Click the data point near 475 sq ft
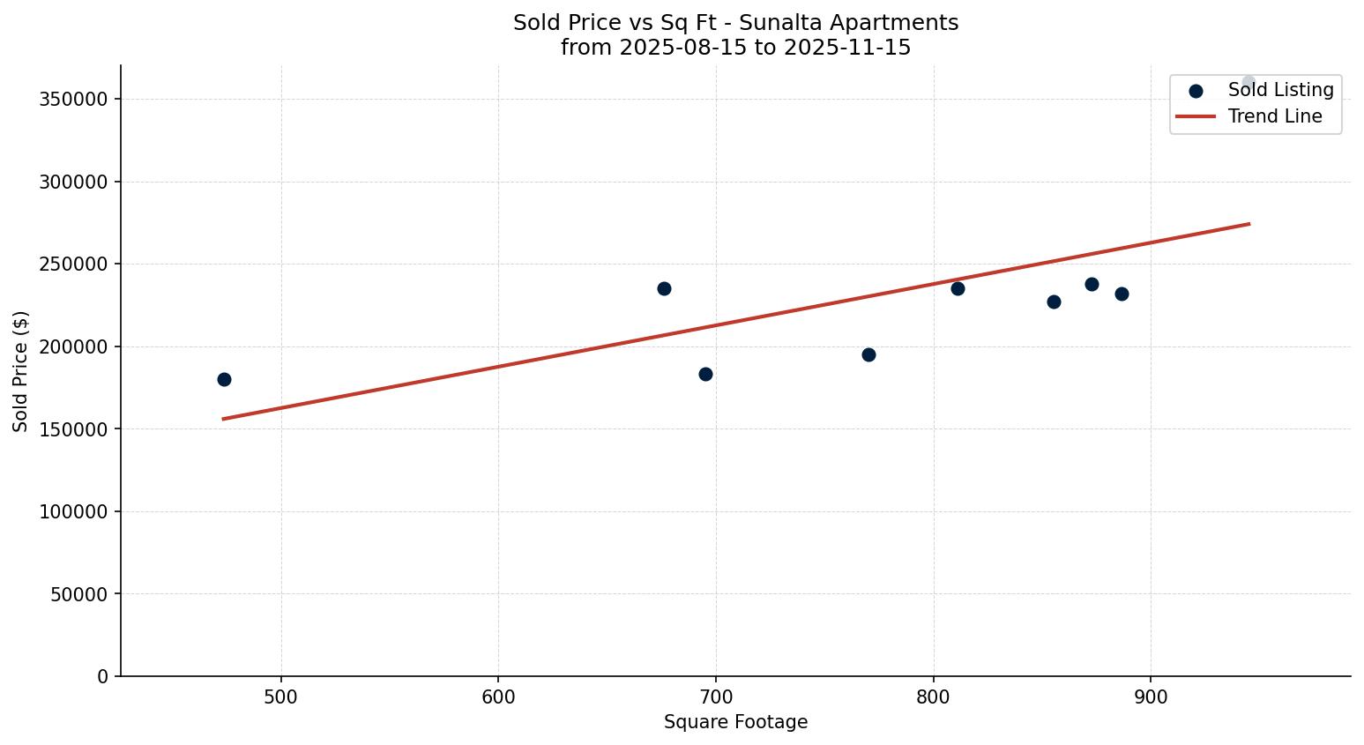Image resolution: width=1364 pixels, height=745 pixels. tap(224, 379)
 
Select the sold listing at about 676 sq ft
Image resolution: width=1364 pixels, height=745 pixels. tap(664, 288)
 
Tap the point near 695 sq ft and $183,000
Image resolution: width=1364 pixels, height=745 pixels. tap(705, 374)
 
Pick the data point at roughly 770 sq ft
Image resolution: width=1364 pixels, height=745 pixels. tap(868, 354)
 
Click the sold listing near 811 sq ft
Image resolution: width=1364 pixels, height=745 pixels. tap(958, 288)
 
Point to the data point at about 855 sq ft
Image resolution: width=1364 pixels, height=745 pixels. tap(1054, 302)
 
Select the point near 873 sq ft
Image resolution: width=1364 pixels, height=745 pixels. tap(1092, 284)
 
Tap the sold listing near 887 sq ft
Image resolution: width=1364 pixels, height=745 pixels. tap(1122, 294)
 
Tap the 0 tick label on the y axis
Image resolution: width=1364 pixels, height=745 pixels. tap(103, 676)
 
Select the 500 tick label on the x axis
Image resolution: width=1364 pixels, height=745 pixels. tap(281, 697)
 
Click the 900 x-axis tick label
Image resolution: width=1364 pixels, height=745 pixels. tap(1151, 697)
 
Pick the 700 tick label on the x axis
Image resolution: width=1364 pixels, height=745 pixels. tap(716, 697)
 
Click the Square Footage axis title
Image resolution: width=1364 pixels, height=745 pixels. tap(735, 723)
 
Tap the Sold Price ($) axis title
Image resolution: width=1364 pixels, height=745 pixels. tap(20, 371)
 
